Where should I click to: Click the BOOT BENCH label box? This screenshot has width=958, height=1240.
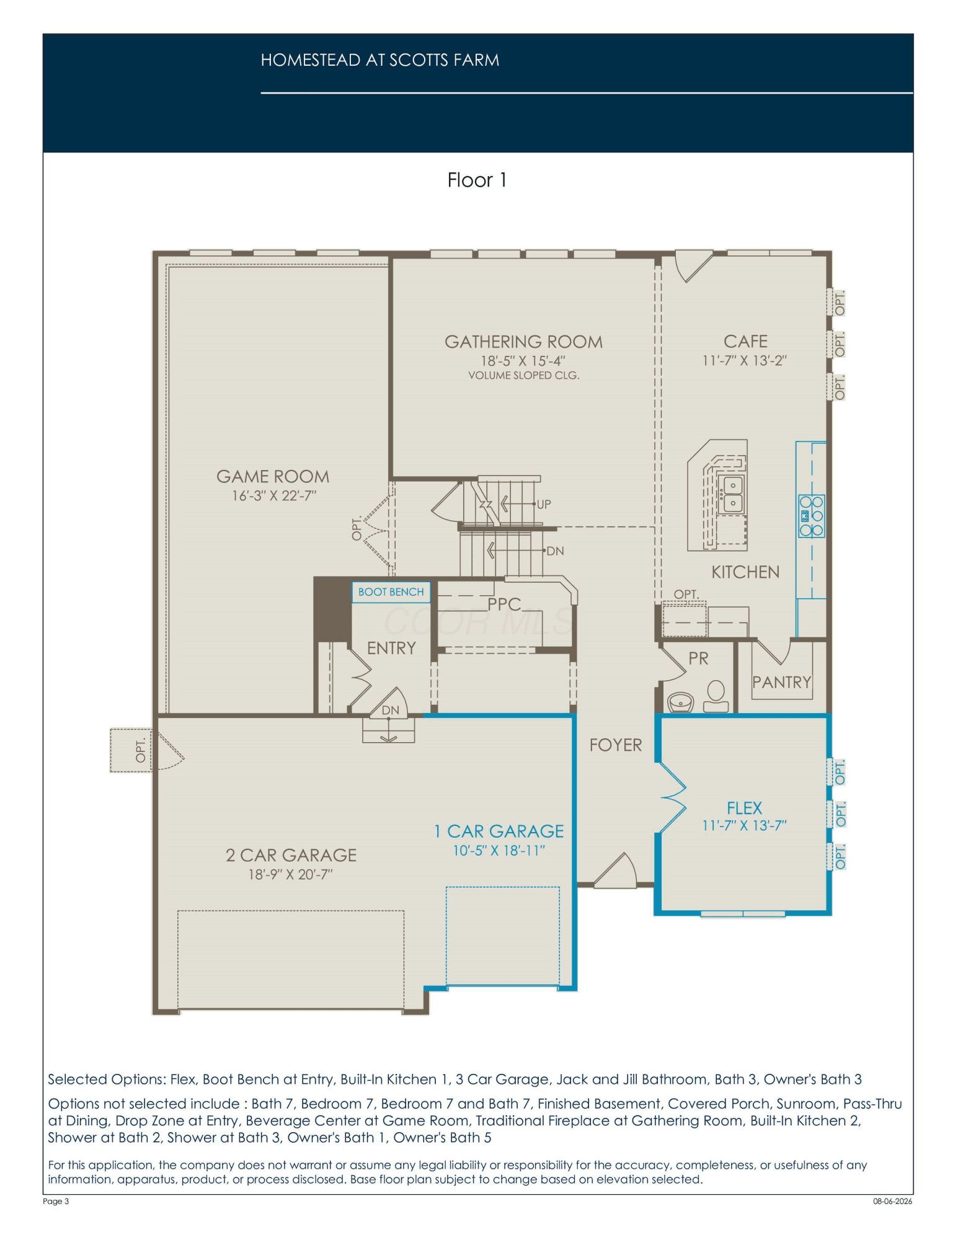(x=391, y=592)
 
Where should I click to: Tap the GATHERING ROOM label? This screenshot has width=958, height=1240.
(x=523, y=342)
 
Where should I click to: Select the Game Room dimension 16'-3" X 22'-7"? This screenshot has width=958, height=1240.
(x=274, y=496)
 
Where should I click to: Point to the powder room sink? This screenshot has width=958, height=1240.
(x=681, y=702)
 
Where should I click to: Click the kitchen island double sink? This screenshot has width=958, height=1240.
(x=732, y=495)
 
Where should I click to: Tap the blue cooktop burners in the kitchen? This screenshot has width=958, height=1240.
(x=811, y=516)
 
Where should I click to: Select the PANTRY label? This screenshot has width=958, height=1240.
(x=781, y=683)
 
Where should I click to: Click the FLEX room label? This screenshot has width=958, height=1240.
(x=744, y=808)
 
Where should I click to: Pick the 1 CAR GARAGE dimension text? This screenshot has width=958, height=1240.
(x=499, y=851)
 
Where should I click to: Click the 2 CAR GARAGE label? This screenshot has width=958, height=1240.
(x=291, y=856)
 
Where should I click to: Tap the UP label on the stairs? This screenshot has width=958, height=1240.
(x=543, y=504)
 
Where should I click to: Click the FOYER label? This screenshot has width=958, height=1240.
(x=616, y=745)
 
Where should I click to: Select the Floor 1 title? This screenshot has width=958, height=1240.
(x=477, y=180)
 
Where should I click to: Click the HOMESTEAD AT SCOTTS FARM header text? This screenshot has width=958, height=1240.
(x=380, y=60)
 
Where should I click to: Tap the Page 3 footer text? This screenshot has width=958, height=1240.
(x=56, y=1201)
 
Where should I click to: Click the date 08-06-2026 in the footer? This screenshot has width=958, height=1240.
(x=893, y=1201)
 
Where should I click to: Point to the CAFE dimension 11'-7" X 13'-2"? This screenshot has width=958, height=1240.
(x=745, y=361)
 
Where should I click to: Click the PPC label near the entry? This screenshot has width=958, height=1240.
(x=504, y=604)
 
